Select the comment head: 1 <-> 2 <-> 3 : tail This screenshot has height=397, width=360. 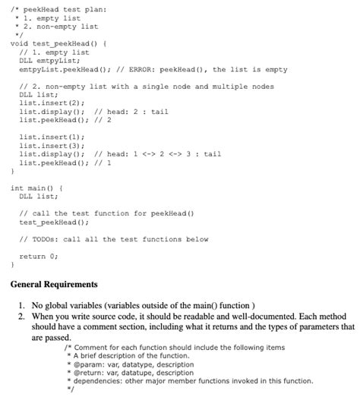(158, 153)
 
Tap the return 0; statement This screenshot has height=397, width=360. (38, 256)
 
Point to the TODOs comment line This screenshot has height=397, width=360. (114, 239)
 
